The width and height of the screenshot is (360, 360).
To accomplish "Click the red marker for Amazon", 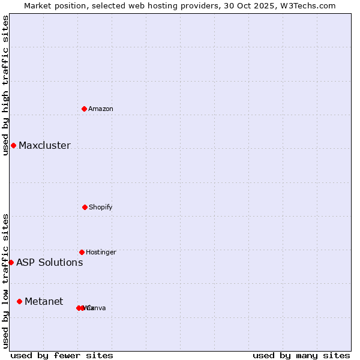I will pyautogui.click(x=85, y=109).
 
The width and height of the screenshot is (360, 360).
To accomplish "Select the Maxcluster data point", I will pyautogui.click(x=13, y=145).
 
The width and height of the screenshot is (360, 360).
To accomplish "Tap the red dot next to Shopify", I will pyautogui.click(x=85, y=207).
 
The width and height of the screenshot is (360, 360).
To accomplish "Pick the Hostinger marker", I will pyautogui.click(x=82, y=252).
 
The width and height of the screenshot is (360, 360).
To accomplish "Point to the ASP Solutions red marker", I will pyautogui.click(x=11, y=262).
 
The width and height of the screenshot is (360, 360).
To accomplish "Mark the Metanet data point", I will pyautogui.click(x=19, y=301).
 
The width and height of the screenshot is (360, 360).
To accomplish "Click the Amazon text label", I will pyautogui.click(x=100, y=109).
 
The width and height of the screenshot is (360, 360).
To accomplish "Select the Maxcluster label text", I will pyautogui.click(x=44, y=145).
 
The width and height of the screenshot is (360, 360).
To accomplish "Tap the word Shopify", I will pyautogui.click(x=100, y=207).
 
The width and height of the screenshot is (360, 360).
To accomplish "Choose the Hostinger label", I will pyautogui.click(x=101, y=252).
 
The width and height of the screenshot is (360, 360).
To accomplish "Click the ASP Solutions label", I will pyautogui.click(x=49, y=262).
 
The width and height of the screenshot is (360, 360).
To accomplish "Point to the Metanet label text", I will pyautogui.click(x=44, y=301).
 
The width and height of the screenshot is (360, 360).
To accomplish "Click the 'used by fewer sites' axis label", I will pyautogui.click(x=62, y=355).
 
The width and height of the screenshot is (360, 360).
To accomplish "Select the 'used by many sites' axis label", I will pyautogui.click(x=301, y=355).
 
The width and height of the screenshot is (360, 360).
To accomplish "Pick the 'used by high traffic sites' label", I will pyautogui.click(x=5, y=85).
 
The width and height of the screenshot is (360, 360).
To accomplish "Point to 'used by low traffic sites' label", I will pyautogui.click(x=5, y=281).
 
